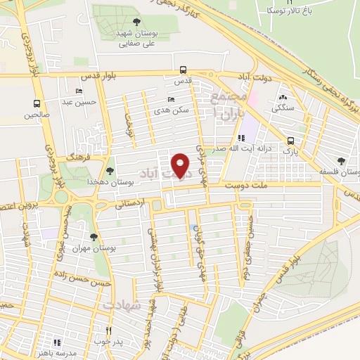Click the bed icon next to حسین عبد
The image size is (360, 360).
[79, 91]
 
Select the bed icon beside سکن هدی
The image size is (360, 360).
[170, 99]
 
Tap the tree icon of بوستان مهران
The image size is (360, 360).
[94, 236]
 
